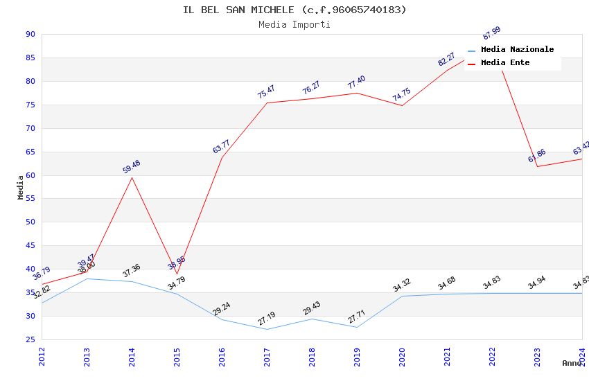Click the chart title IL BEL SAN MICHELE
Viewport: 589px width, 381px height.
(x=294, y=10)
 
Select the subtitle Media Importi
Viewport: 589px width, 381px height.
(x=294, y=25)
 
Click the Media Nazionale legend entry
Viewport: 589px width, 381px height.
(x=517, y=50)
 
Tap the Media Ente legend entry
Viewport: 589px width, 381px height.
(x=505, y=63)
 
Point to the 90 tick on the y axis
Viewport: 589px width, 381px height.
(x=30, y=35)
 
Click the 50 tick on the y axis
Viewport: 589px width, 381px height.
(x=30, y=222)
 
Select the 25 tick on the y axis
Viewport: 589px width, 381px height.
(x=30, y=339)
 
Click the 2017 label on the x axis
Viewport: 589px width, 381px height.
(x=267, y=357)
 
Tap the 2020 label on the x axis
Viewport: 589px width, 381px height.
(x=403, y=357)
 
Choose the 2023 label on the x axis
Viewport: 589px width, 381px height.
(x=538, y=357)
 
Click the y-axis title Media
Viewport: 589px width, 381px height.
(x=21, y=187)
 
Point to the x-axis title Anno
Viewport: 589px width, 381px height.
(x=572, y=363)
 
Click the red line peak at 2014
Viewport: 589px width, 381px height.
(x=132, y=177)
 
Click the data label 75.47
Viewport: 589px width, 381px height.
(x=266, y=91)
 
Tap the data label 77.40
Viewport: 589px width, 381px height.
(x=356, y=82)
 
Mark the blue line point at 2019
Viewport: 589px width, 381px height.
(x=357, y=327)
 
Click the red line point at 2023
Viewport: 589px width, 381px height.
(x=537, y=166)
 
